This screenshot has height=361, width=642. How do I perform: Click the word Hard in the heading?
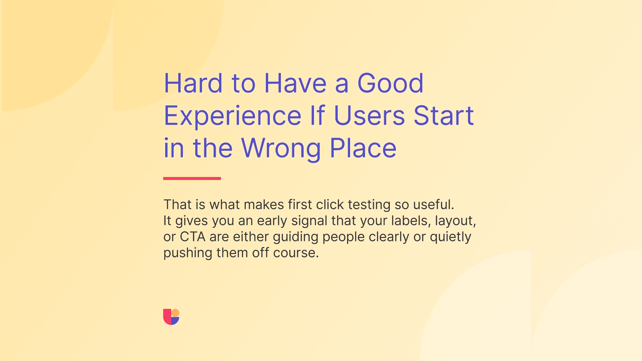point(193,83)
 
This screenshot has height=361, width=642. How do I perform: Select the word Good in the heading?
point(390,83)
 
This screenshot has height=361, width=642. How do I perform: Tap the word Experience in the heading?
point(233,116)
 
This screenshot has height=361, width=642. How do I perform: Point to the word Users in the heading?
point(369,116)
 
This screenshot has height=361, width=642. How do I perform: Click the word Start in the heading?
point(443,116)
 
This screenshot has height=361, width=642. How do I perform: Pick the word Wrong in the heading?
point(281,148)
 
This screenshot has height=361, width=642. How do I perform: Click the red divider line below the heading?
point(192,178)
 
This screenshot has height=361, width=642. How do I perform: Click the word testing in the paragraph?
point(369,205)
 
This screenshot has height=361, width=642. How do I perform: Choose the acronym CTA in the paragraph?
point(193,237)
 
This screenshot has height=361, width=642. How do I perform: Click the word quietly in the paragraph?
point(450,237)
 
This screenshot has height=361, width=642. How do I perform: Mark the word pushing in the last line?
point(188,253)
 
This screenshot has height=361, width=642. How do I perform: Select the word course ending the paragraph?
point(295,253)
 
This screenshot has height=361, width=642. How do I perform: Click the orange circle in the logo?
point(175,313)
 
